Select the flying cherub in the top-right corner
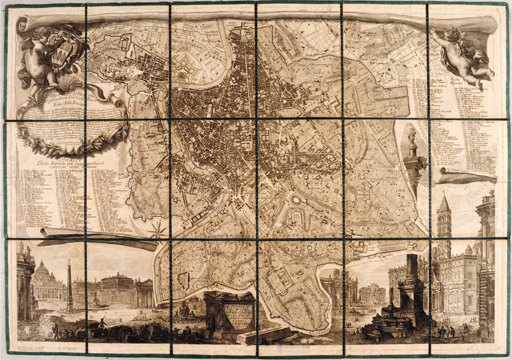click(x=463, y=52)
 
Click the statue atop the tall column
click(x=412, y=137)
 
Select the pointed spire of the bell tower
click(x=444, y=203)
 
